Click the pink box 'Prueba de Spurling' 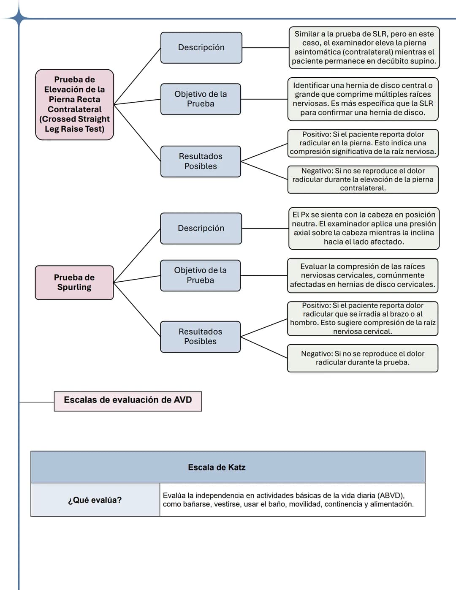tap(74, 283)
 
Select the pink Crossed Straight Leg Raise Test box tap(74, 105)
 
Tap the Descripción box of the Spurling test tap(201, 228)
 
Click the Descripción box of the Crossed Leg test tap(201, 48)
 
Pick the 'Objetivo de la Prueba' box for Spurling tap(200, 275)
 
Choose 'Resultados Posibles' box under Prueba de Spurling tap(200, 337)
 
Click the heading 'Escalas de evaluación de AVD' tap(128, 401)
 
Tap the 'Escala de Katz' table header tap(228, 467)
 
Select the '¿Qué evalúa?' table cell tap(95, 500)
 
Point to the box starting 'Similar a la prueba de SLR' tap(364, 48)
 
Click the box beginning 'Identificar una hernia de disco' tap(363, 99)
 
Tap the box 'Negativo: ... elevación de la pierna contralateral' tap(363, 179)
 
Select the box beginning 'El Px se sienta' tap(364, 228)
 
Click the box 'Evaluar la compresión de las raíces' tap(363, 275)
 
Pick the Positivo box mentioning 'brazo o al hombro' tap(363, 318)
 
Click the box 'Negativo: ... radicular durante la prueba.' tap(363, 358)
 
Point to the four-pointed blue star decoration tap(19, 18)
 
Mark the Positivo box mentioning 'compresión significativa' tap(363, 143)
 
